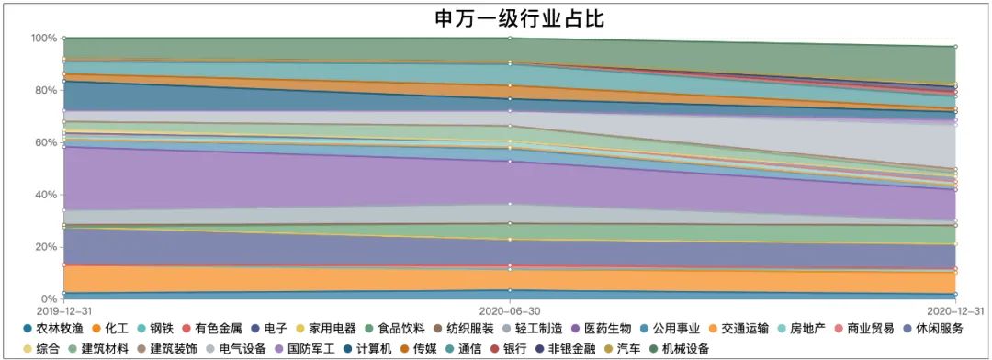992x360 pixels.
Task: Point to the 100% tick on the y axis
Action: pos(43,39)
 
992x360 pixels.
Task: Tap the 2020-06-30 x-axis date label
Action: pos(510,312)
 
